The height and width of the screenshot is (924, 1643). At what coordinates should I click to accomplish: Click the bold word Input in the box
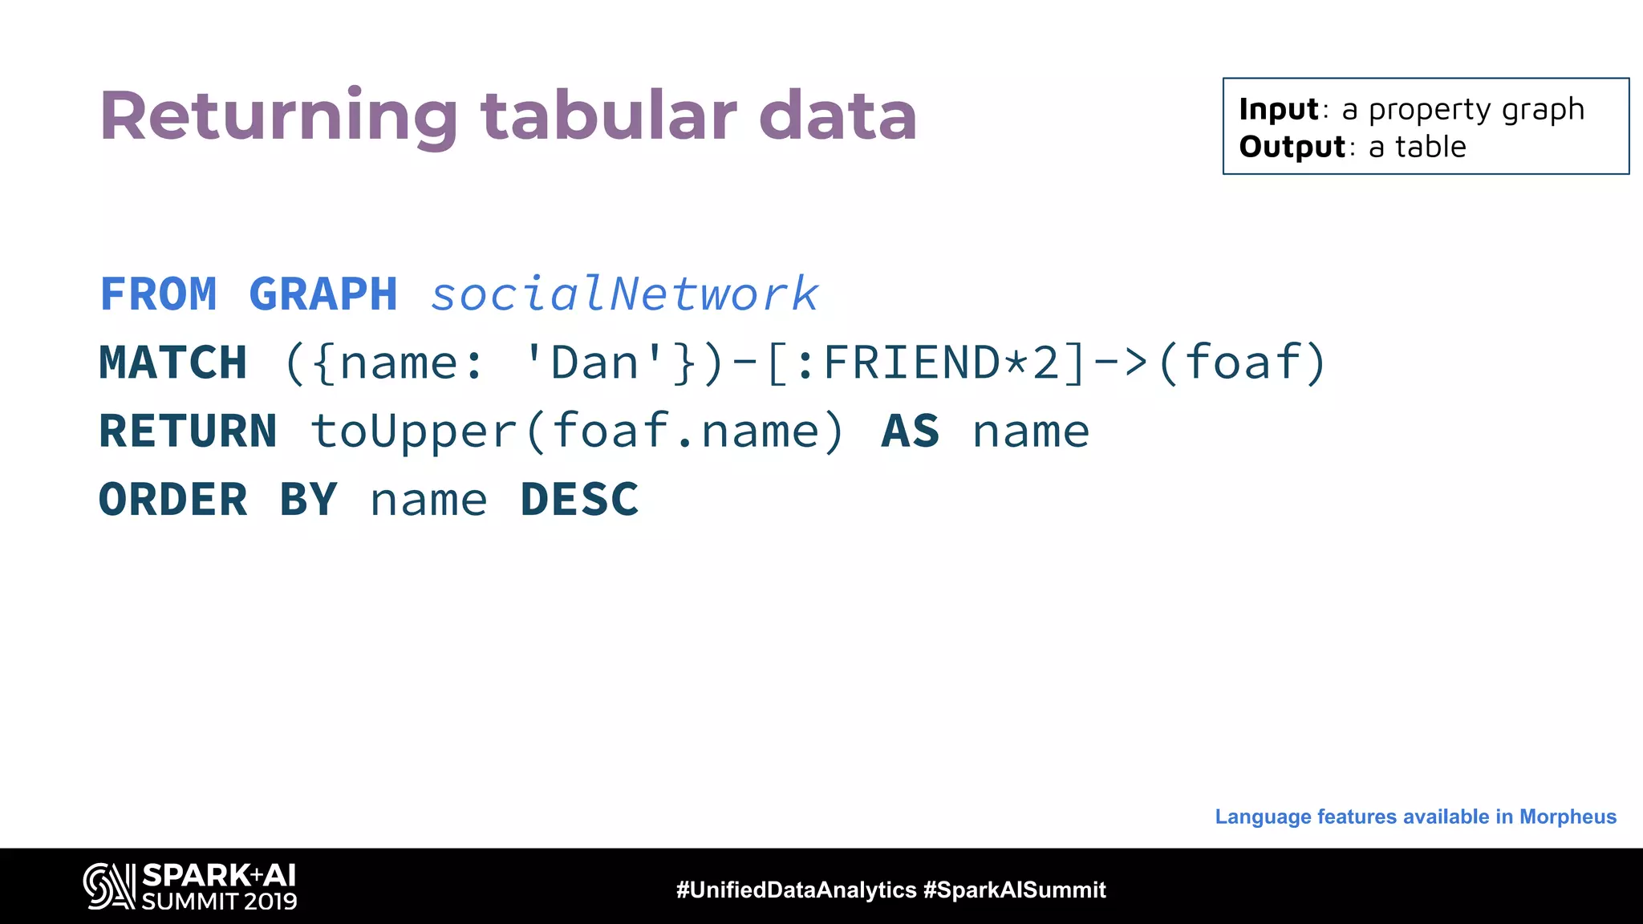(x=1278, y=109)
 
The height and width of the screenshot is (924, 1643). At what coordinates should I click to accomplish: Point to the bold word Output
(x=1292, y=147)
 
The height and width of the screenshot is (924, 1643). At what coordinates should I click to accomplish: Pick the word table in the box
(x=1430, y=147)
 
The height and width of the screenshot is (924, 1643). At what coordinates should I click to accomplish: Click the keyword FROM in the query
(x=158, y=294)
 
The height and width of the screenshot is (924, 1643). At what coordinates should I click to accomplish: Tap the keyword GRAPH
(x=323, y=294)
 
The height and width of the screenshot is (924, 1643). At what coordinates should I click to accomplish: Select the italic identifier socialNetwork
(x=624, y=294)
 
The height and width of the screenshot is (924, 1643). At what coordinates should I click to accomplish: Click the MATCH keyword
(x=172, y=363)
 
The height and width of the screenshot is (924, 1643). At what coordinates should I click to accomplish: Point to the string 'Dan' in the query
(x=594, y=363)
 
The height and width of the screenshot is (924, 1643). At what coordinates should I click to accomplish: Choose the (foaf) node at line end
(x=1242, y=363)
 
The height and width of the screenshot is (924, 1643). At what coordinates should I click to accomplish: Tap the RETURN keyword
(x=188, y=432)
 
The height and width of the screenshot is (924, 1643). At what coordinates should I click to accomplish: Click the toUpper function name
(x=413, y=432)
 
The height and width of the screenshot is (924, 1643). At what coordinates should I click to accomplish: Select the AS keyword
(x=911, y=432)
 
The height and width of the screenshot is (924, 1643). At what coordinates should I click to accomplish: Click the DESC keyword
(x=579, y=500)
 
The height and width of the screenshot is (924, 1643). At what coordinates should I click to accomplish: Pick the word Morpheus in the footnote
(x=1568, y=817)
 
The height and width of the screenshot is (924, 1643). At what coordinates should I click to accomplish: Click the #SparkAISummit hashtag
(x=1014, y=890)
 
